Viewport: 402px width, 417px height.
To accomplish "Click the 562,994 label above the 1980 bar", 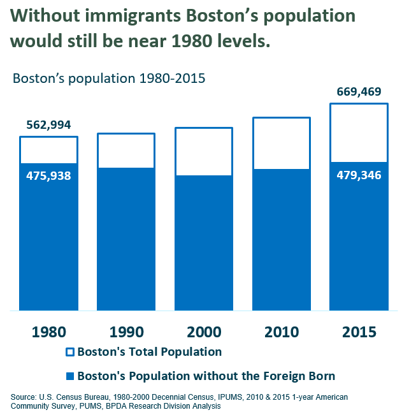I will point(48,124).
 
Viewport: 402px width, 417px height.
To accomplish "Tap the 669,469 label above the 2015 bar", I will point(359,92).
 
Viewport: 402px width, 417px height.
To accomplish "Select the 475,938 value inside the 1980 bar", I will point(48,175).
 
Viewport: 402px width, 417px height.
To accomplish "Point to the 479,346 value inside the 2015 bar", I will point(359,175).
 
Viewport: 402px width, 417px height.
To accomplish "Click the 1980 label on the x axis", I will point(48,332).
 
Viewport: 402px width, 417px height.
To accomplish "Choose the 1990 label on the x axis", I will point(126,332).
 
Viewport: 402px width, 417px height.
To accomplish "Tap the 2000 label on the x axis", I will point(204,332).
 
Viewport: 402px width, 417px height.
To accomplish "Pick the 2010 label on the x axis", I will point(282,332).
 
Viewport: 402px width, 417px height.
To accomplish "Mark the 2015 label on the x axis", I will point(359,332).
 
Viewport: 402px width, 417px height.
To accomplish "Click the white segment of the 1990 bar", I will point(126,151).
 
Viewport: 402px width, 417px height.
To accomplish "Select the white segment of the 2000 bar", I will point(204,152).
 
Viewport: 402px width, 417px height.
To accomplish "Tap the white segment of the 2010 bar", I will point(282,143).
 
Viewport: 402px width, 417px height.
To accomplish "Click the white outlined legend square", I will point(70,352).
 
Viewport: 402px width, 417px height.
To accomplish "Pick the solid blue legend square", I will point(70,376).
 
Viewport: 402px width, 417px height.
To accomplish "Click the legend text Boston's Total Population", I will point(149,351).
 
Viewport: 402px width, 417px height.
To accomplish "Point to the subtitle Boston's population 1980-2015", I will point(108,79).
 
